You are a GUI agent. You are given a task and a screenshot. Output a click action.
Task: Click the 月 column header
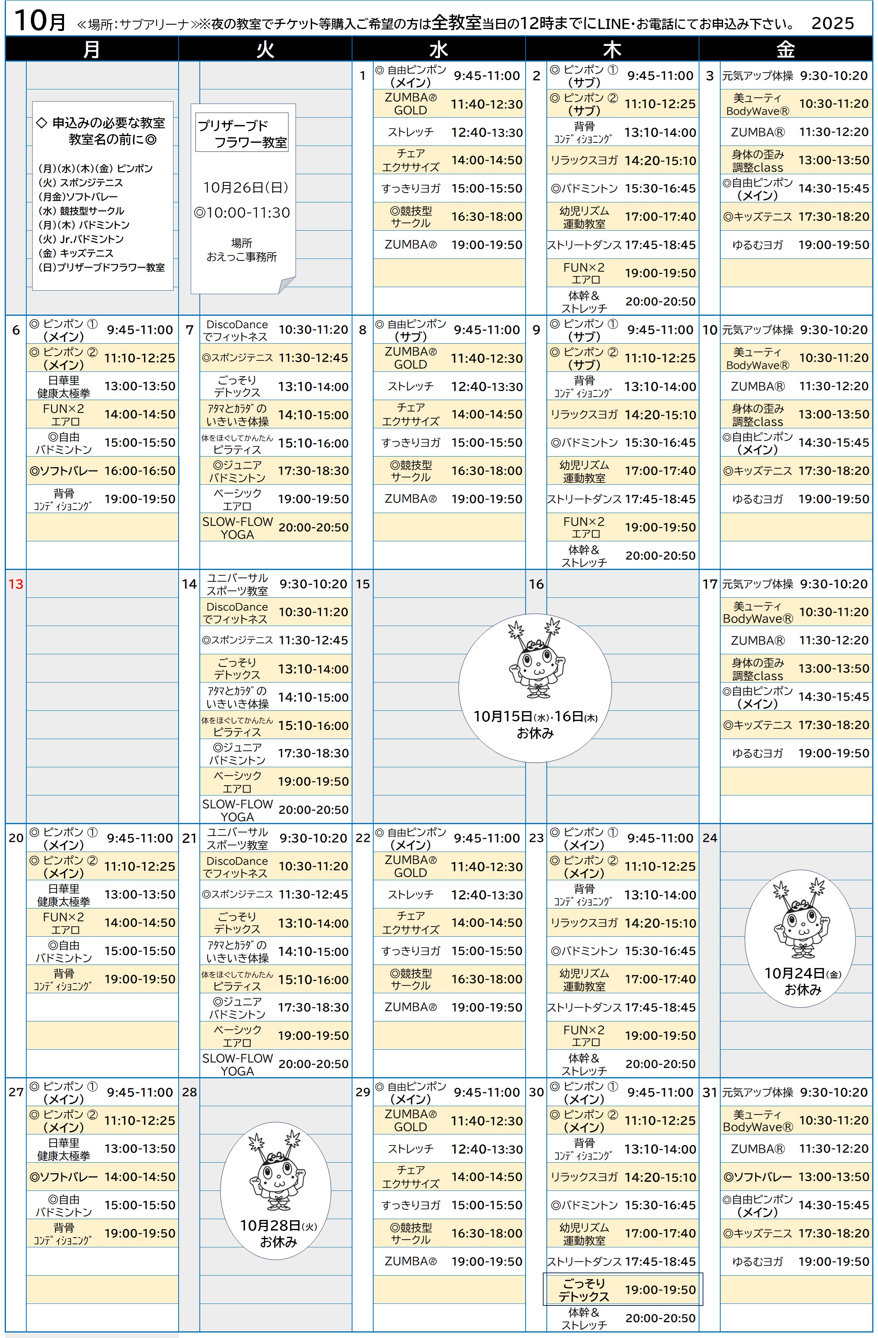coord(92,49)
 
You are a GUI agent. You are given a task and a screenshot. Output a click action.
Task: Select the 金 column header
coord(785,49)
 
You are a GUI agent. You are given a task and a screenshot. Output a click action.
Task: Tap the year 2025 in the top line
coord(832,23)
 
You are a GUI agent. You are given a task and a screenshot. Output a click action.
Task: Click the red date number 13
coord(16,584)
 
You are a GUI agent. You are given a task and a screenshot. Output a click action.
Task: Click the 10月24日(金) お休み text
coord(803,981)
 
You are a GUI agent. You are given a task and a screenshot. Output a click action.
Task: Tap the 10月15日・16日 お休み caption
coord(535,724)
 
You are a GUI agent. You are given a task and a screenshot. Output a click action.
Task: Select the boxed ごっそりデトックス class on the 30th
coord(622,1289)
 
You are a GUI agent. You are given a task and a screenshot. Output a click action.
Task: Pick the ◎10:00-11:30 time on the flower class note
coord(242,213)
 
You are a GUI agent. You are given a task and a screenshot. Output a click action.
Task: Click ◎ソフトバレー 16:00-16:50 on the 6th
coord(102,471)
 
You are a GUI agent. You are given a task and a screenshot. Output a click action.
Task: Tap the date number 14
coord(189,584)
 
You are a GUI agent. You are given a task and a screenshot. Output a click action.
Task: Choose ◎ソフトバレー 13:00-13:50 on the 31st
coord(796,1177)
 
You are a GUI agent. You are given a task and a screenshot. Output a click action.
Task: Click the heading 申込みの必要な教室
coord(109,122)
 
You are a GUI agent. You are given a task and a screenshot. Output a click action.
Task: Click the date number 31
coord(710,1092)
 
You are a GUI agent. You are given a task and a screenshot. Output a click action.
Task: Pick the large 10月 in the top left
coord(39,21)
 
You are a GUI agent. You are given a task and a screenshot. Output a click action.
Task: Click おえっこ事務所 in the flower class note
coord(242,257)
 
